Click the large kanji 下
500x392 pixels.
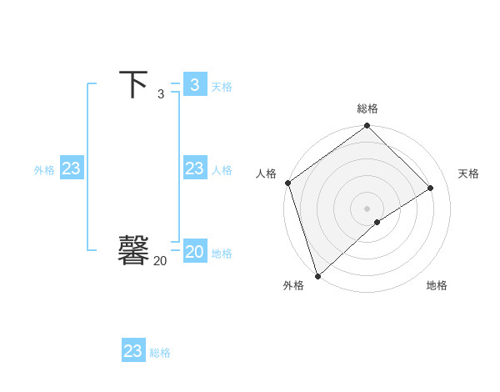pyautogui.click(x=133, y=84)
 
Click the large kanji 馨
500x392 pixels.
pyautogui.click(x=133, y=250)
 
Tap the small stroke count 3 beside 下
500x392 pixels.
pyautogui.click(x=161, y=94)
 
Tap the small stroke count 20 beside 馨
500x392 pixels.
pyautogui.click(x=160, y=261)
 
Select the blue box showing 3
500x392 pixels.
pyautogui.click(x=194, y=84)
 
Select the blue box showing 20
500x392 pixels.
pyautogui.click(x=194, y=252)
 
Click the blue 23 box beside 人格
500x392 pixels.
pyautogui.click(x=194, y=168)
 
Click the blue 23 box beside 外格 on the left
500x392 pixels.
pyautogui.click(x=72, y=168)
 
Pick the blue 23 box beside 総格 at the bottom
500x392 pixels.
pyautogui.click(x=133, y=351)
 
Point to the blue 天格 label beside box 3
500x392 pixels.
pyautogui.click(x=222, y=87)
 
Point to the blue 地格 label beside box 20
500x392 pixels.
pyautogui.click(x=222, y=254)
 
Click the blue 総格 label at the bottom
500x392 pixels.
pyautogui.click(x=160, y=353)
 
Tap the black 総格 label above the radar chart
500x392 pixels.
pyautogui.click(x=367, y=108)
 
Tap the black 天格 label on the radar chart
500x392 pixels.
pyautogui.click(x=469, y=173)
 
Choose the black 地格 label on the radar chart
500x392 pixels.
pyautogui.click(x=437, y=285)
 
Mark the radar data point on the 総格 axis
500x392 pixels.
pyautogui.click(x=367, y=127)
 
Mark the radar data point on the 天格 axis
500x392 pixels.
pyautogui.click(x=431, y=188)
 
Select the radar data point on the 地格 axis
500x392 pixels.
pyautogui.click(x=377, y=222)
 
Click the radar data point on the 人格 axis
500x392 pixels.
pyautogui.click(x=287, y=183)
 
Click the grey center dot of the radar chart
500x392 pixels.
pyautogui.click(x=367, y=208)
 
